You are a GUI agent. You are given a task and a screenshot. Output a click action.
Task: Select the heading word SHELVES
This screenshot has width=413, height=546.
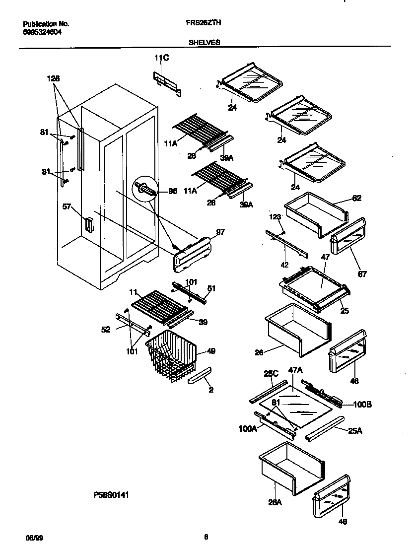pos(204,43)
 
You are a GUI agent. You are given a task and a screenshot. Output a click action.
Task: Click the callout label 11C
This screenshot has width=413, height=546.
pos(161,58)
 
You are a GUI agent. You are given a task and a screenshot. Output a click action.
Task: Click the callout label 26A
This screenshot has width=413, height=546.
pos(275,502)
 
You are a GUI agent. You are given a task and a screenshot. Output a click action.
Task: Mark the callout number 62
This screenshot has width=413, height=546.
pos(356,198)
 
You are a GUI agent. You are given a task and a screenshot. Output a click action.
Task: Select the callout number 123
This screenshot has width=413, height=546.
pos(275,217)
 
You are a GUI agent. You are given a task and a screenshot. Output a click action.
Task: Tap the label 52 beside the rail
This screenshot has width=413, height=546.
pos(106,329)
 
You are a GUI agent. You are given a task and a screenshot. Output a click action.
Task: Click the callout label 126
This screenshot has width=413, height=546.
pos(53,78)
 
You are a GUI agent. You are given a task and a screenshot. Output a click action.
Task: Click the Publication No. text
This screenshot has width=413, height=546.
pos(47,24)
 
